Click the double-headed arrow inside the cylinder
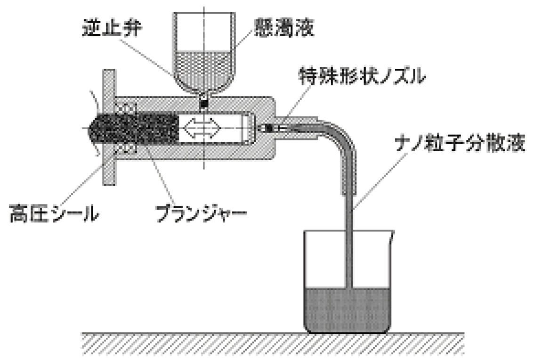pyautogui.click(x=202, y=128)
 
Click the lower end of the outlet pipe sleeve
pyautogui.click(x=348, y=191)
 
